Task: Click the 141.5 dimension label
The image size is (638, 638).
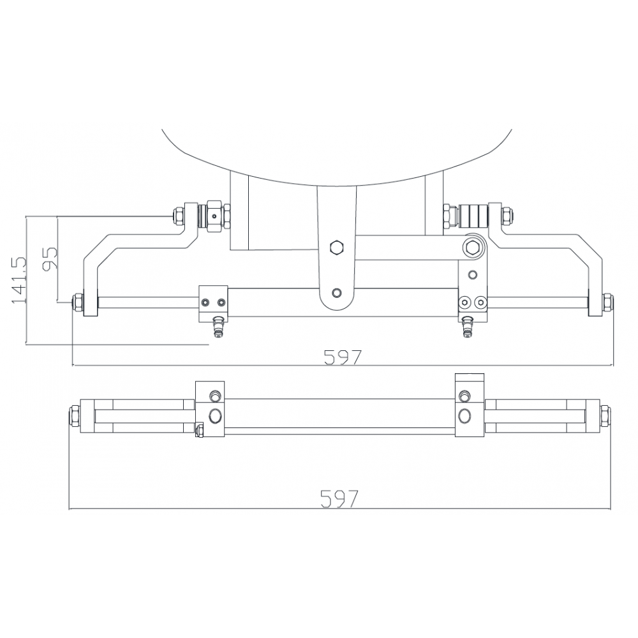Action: point(19,280)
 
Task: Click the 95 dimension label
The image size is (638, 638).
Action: point(50,258)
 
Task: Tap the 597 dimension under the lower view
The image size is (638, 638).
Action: point(339,498)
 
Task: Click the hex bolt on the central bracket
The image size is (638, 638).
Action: point(336,248)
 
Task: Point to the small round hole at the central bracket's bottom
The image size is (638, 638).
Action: point(336,293)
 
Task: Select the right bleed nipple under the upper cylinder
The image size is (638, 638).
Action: point(468,326)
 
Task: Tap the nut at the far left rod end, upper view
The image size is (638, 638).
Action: point(77,303)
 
